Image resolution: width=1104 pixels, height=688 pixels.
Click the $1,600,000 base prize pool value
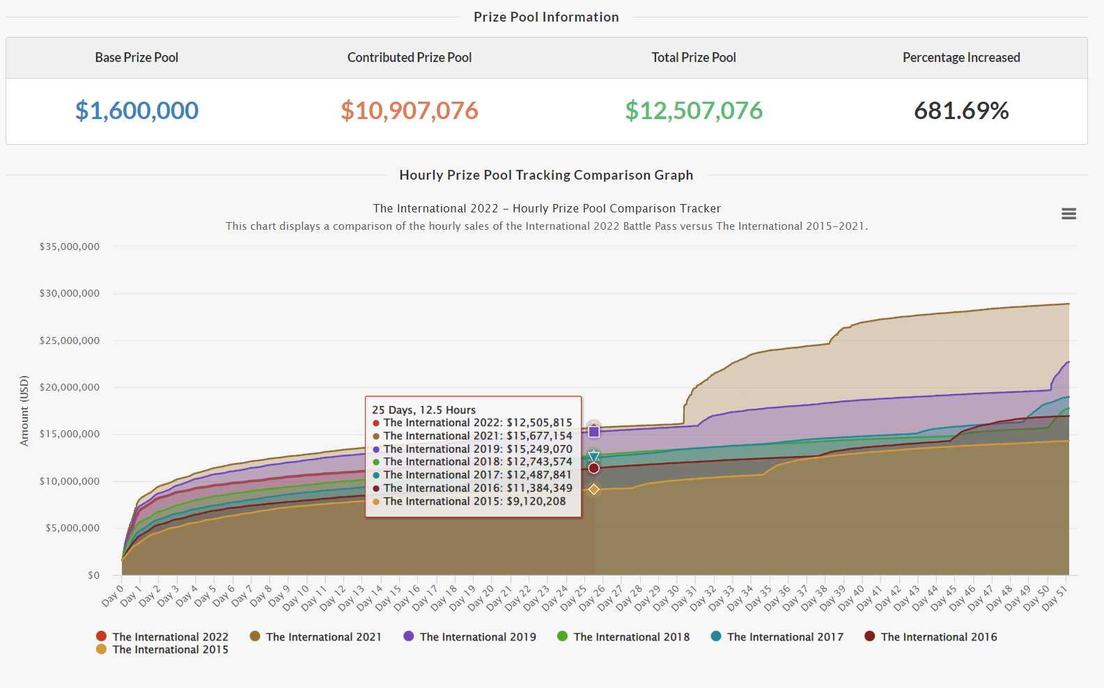[x=137, y=111]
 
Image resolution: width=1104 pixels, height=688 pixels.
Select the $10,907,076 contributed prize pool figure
[x=409, y=111]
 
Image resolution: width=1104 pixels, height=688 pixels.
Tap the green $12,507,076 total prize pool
[x=693, y=111]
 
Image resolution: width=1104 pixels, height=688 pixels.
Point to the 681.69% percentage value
[x=961, y=111]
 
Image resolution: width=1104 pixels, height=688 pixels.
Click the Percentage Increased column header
[x=961, y=58]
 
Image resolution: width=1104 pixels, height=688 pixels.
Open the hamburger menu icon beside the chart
[x=1068, y=214]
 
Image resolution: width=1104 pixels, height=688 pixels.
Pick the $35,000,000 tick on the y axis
[x=70, y=247]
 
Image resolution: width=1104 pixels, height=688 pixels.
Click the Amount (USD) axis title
[x=24, y=411]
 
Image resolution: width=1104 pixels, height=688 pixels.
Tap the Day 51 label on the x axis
[x=1055, y=597]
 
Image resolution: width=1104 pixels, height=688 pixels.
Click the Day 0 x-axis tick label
[x=114, y=595]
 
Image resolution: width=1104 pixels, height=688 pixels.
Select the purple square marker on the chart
[x=593, y=432]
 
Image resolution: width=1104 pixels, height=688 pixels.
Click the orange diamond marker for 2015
[x=593, y=490]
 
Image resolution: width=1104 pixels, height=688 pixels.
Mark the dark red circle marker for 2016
[x=593, y=468]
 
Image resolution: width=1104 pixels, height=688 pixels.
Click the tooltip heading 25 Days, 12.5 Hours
[x=423, y=410]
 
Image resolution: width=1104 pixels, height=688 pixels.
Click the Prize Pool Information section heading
[x=546, y=17]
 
